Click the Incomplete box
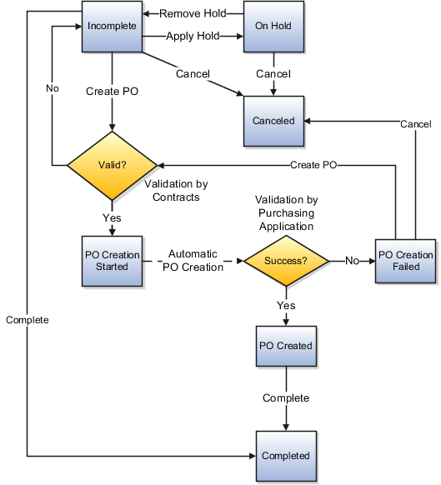tap(112, 26)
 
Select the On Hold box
tap(273, 26)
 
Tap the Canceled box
tap(273, 121)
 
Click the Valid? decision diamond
tap(112, 166)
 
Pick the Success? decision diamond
tap(285, 261)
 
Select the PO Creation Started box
tap(112, 261)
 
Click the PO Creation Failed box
tap(406, 261)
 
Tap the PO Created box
tap(285, 346)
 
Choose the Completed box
tap(285, 456)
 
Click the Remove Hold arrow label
tap(193, 14)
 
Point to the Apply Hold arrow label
tap(193, 36)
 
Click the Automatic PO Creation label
tap(193, 261)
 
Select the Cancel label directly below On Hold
tap(273, 74)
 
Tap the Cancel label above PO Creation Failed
tap(415, 124)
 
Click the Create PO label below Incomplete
tap(112, 91)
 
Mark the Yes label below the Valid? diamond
tap(112, 217)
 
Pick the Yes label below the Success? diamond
tap(285, 307)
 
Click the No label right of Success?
tap(352, 261)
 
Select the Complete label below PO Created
tap(285, 398)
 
